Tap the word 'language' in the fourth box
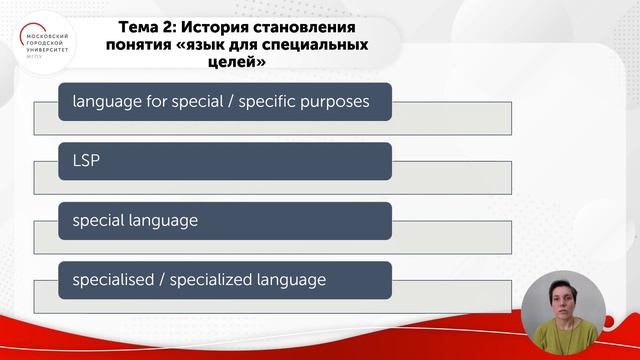tap(293, 279)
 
